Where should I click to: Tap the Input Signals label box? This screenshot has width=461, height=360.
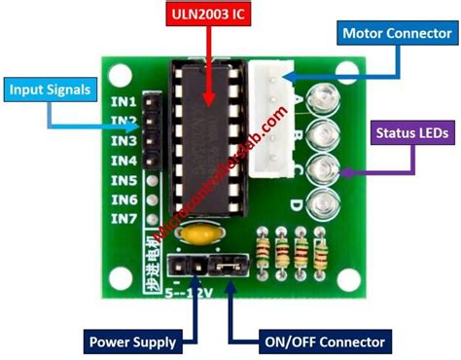coord(52,90)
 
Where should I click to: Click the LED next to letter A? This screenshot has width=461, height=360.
coord(319,99)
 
